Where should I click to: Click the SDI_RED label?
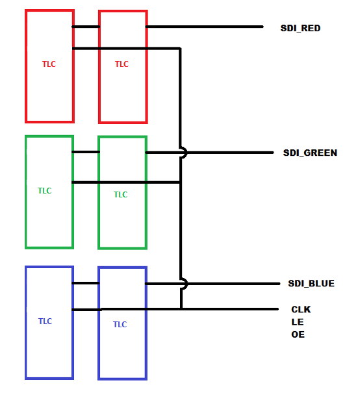click(x=300, y=28)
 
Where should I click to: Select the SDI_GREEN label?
click(x=310, y=153)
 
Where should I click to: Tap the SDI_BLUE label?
click(x=311, y=283)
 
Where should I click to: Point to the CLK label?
click(x=301, y=310)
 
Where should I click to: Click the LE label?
click(x=298, y=322)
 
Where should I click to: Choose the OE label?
click(x=298, y=334)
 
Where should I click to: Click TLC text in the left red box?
click(x=49, y=64)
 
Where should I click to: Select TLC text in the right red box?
click(x=122, y=64)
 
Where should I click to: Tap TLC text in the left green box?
click(x=45, y=190)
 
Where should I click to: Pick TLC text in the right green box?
click(x=120, y=195)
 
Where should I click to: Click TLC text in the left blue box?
click(x=45, y=321)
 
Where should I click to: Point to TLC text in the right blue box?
click(x=120, y=325)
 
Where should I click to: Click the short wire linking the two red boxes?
click(x=86, y=27)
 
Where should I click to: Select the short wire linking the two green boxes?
click(x=86, y=152)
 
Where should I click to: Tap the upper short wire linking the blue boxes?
click(x=86, y=283)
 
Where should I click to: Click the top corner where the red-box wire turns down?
click(x=180, y=48)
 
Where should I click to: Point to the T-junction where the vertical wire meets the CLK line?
click(x=181, y=309)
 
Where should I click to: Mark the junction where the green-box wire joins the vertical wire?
click(x=181, y=182)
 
